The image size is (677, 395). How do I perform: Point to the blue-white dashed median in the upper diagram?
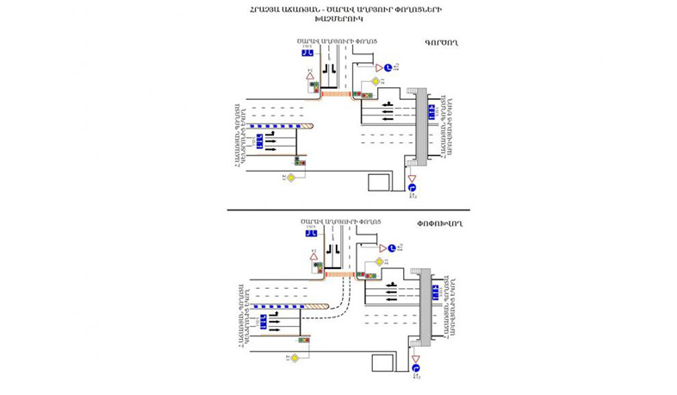click(275, 126)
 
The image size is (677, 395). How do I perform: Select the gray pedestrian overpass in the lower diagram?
click(424, 306)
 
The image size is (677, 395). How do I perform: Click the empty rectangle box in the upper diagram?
click(380, 182)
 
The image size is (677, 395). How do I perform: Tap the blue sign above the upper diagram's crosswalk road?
click(307, 53)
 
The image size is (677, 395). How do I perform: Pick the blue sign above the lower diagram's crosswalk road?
click(308, 233)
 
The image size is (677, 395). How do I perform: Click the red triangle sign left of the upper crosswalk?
click(310, 76)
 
